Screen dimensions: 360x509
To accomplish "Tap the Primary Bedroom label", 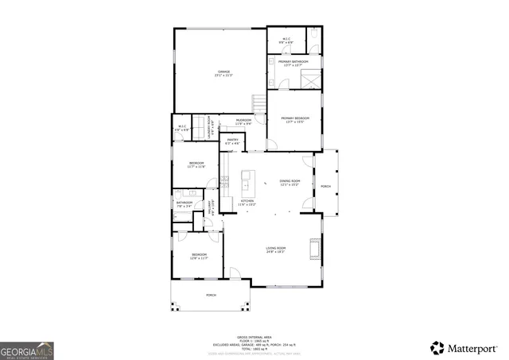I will click(294, 120).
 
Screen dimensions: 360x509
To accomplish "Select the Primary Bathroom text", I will click(293, 63).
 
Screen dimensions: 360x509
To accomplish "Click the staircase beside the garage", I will click(258, 103).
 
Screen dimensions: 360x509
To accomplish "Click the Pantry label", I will click(232, 141).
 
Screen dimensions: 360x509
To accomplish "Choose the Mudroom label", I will click(243, 122).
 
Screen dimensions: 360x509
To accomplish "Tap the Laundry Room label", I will click(209, 127).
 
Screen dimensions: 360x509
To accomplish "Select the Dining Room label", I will click(289, 182).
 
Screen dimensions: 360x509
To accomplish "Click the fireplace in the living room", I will click(319, 248).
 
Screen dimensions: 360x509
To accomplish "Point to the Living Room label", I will click(275, 250).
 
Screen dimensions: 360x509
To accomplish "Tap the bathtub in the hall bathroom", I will click(183, 215).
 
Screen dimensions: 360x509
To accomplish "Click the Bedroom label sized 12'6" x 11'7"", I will click(198, 256).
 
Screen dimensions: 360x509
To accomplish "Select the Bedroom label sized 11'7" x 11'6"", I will click(196, 165).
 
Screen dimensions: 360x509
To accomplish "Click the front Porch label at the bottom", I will click(211, 295).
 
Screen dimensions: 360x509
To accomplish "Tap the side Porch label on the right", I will click(325, 186).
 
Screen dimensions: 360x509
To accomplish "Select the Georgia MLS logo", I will click(27, 350).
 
